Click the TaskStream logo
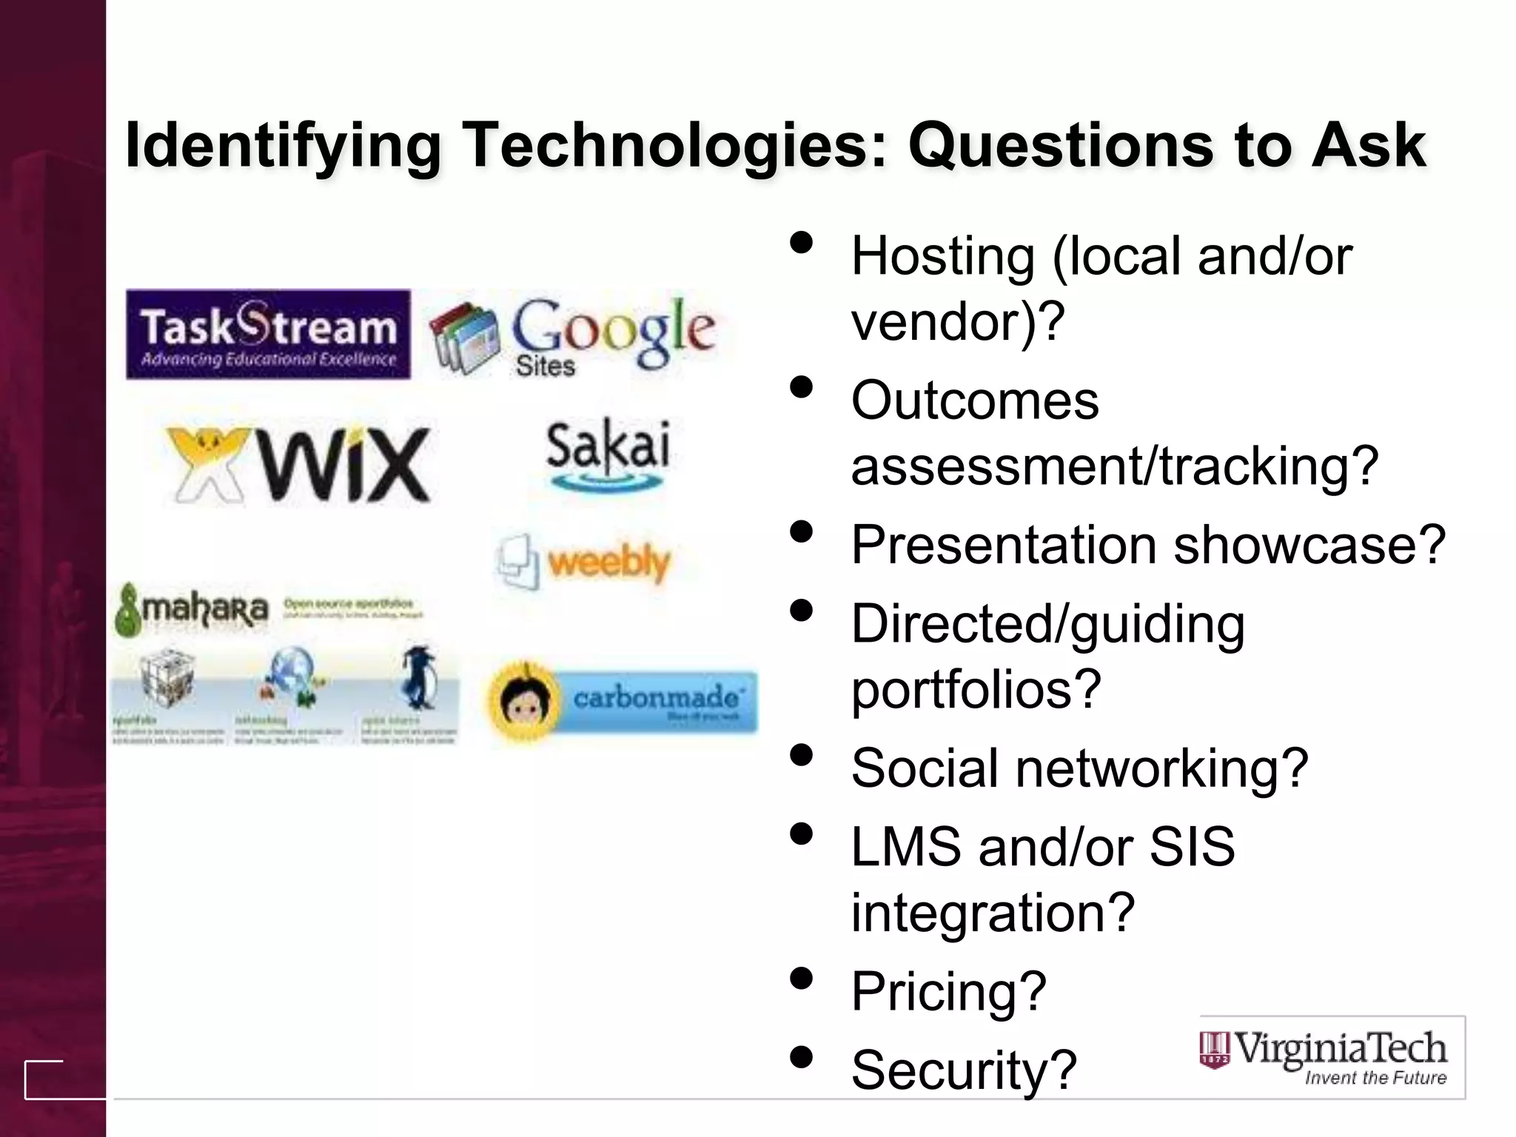coord(268,335)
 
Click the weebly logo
coord(585,563)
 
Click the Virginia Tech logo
coord(1332,1057)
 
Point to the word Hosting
coord(942,256)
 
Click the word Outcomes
coord(975,400)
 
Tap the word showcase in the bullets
coord(1309,545)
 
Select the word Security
coord(963,1070)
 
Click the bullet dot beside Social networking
coord(801,755)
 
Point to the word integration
coord(993,912)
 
